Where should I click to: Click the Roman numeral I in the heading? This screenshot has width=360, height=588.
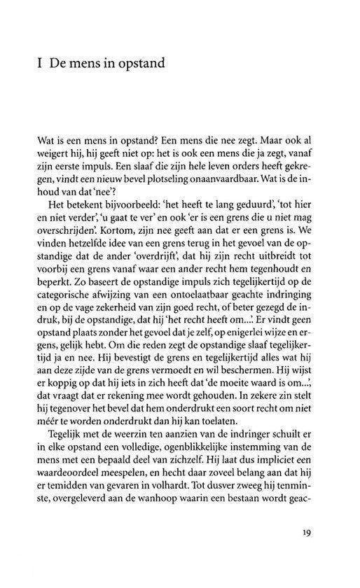coord(44,66)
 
